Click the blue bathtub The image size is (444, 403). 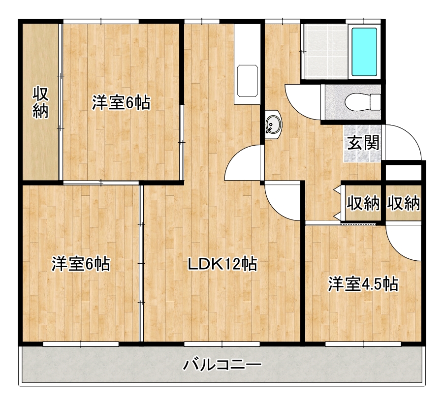pyautogui.click(x=364, y=52)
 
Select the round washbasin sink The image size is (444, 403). pyautogui.click(x=274, y=125)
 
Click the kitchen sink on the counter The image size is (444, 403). pyautogui.click(x=247, y=81)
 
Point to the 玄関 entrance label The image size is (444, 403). pyautogui.click(x=363, y=143)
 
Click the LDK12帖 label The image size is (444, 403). pyautogui.click(x=222, y=264)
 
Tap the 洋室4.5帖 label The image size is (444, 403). pyautogui.click(x=363, y=284)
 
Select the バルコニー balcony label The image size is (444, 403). pyautogui.click(x=222, y=365)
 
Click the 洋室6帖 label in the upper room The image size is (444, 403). pyautogui.click(x=121, y=102)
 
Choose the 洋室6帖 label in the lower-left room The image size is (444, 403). pyautogui.click(x=81, y=264)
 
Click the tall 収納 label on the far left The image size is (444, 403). pyautogui.click(x=40, y=102)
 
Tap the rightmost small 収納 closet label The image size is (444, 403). pyautogui.click(x=403, y=203)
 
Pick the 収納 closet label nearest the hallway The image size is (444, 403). pyautogui.click(x=363, y=203)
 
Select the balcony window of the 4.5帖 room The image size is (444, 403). pyautogui.click(x=363, y=344)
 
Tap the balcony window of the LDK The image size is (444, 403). pyautogui.click(x=222, y=344)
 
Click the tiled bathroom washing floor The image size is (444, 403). pyautogui.click(x=325, y=52)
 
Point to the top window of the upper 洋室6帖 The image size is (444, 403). pyautogui.click(x=101, y=22)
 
